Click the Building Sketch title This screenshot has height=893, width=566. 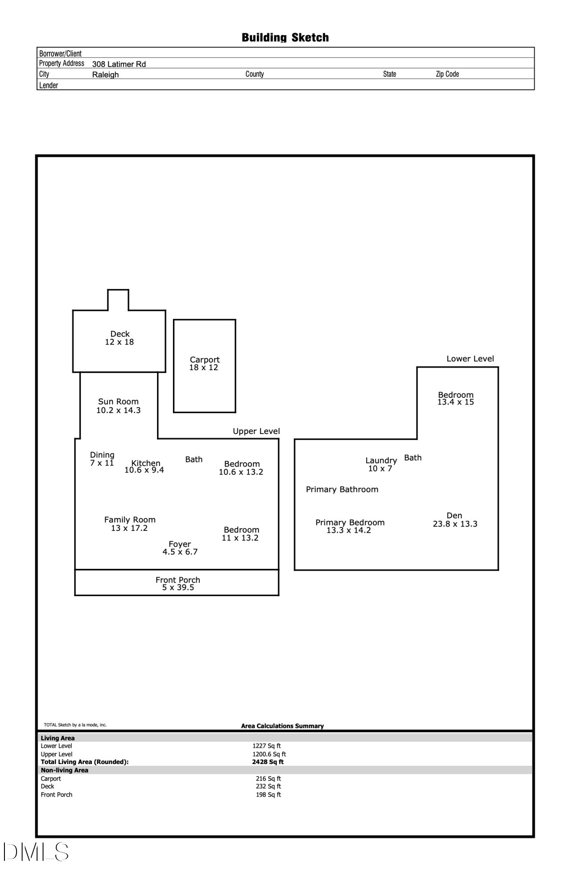pos(285,38)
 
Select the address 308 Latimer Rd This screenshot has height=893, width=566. pos(119,64)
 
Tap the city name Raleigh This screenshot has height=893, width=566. pos(105,75)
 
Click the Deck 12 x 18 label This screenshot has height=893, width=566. pos(120,338)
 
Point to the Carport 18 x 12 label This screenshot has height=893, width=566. pos(204,363)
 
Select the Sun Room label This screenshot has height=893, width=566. pos(118,401)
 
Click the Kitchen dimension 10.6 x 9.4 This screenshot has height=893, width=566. pos(144,470)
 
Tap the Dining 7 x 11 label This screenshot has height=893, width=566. pos(102,459)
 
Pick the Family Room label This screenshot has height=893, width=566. pos(130,520)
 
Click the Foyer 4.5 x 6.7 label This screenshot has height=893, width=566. pos(180,548)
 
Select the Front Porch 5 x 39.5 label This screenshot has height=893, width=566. pos(178,584)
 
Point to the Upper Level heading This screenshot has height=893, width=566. pos(256,431)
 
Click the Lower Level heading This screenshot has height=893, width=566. pos(470,359)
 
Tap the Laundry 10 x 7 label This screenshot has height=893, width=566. pos(381,464)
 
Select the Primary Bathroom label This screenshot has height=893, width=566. pos(342,489)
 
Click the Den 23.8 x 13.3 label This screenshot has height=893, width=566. pos(455,520)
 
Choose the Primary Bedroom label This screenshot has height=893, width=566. pos(350,522)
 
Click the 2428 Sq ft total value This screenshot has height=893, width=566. pos(268,762)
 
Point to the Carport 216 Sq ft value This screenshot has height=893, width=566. pos(268,778)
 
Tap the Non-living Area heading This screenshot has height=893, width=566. pos(65,770)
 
